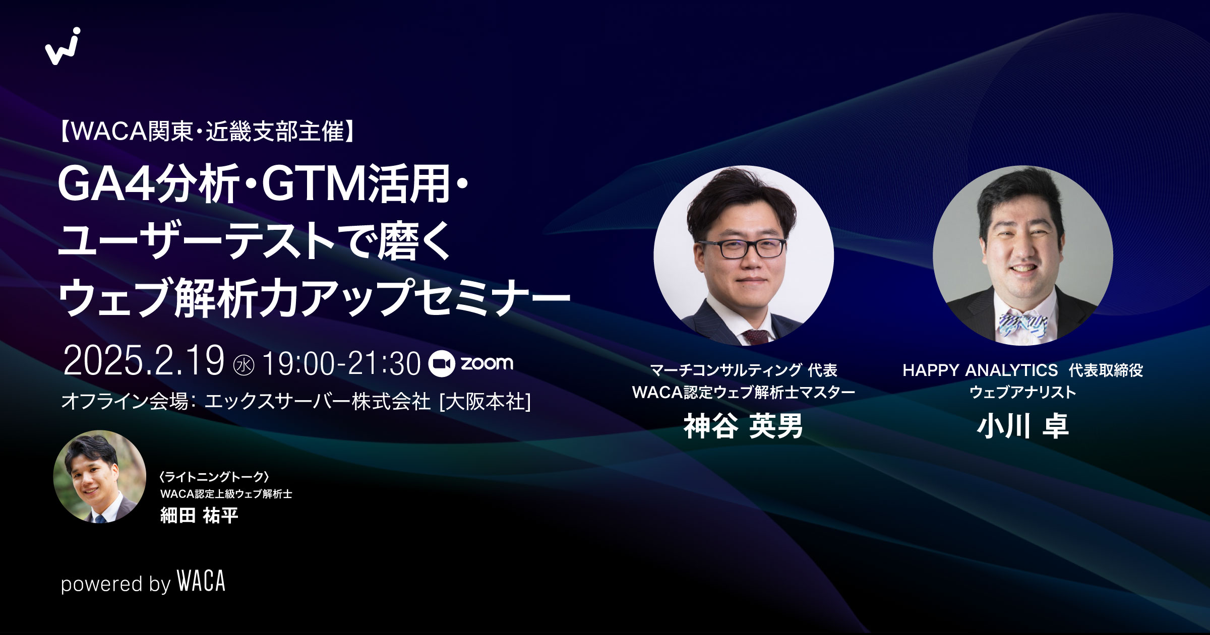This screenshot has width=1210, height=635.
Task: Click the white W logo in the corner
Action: click(x=63, y=46)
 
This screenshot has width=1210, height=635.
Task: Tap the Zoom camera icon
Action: click(x=442, y=363)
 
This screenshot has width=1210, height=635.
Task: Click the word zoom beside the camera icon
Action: click(x=487, y=363)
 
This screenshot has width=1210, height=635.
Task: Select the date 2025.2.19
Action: click(x=144, y=361)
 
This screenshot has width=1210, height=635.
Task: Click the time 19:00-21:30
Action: click(x=341, y=363)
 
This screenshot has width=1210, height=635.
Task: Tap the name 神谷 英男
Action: click(x=743, y=426)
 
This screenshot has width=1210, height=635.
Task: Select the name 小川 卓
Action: click(x=1022, y=426)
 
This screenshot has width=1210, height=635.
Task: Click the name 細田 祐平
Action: click(x=199, y=516)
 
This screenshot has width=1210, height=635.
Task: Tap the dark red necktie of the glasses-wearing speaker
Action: click(x=755, y=336)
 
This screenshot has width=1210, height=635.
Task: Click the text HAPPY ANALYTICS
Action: click(x=980, y=370)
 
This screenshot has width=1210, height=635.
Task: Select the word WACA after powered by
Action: click(x=201, y=582)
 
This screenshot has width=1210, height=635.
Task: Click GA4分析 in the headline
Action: click(x=149, y=185)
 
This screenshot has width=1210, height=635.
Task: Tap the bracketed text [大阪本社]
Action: click(x=485, y=402)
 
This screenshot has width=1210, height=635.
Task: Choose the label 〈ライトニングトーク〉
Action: click(x=214, y=477)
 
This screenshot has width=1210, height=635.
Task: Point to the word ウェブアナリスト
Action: click(x=1022, y=392)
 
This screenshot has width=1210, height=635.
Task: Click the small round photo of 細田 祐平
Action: click(x=99, y=476)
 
